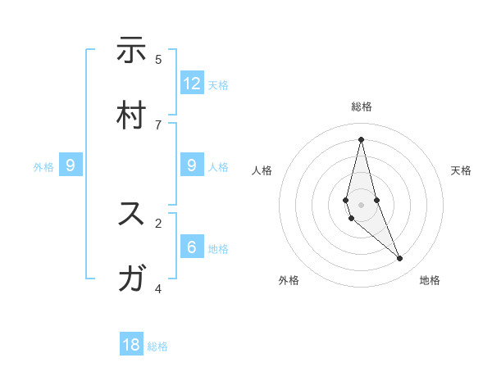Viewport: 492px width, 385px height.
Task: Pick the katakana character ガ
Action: tap(131, 279)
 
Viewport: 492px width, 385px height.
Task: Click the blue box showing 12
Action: tap(192, 84)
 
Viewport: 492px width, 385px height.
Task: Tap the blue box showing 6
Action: tap(192, 247)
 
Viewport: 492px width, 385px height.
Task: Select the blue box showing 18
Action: tap(131, 345)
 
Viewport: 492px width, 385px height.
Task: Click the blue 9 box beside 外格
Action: tap(71, 166)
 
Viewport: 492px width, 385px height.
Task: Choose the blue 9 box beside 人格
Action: tap(192, 166)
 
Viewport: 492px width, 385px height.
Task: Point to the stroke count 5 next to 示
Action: tap(158, 59)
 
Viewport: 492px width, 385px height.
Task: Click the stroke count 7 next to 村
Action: tap(158, 125)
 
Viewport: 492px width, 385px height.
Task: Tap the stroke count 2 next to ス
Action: tap(158, 222)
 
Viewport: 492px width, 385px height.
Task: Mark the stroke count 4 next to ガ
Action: tap(158, 288)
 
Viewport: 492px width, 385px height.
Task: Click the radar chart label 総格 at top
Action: tap(362, 106)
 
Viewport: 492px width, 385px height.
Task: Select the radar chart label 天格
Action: tap(461, 170)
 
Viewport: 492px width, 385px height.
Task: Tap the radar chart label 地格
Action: tap(430, 280)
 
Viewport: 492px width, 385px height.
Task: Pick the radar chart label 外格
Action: tap(289, 280)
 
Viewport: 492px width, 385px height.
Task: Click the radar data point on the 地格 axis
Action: tap(400, 258)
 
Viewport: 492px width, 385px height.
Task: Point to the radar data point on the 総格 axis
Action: tap(361, 138)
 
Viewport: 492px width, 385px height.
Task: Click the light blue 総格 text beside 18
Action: tap(157, 346)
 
